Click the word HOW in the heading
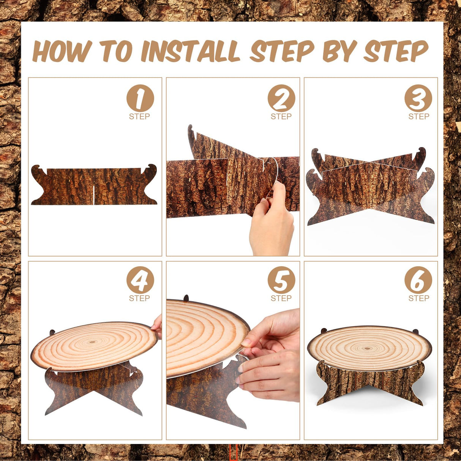62,51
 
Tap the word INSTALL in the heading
190,51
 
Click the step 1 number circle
140,98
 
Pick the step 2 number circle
281,98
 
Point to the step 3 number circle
418,98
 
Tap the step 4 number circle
140,280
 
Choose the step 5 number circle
281,280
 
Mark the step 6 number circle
418,280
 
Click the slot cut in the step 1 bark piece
94,195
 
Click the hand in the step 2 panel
271,221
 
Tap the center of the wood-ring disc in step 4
94,343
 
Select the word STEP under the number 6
418,298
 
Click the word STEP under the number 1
139,116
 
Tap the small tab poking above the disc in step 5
186,298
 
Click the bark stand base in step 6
369,383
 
